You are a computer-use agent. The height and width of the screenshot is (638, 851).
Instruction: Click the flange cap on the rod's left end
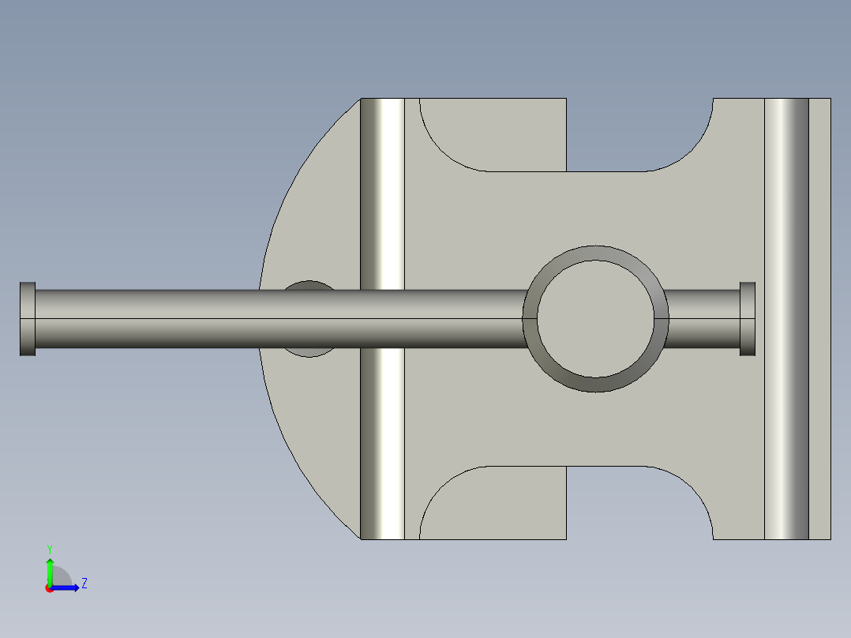28,319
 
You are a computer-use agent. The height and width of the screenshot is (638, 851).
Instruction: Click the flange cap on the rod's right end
748,319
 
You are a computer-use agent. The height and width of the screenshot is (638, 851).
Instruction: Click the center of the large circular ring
595,319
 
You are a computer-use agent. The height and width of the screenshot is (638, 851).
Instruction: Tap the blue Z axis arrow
65,587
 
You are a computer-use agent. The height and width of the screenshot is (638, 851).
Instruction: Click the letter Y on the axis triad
50,549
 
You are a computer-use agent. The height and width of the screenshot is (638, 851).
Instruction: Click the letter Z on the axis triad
84,584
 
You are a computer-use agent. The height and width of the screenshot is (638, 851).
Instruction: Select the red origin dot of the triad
50,588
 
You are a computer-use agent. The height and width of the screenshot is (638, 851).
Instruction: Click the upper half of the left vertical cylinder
383,193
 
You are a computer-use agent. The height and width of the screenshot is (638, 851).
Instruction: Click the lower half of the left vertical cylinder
383,444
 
